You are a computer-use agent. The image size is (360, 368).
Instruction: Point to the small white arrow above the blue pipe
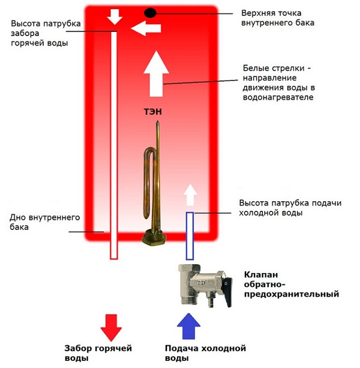pos(190,196)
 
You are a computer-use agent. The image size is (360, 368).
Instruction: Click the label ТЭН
pos(153,111)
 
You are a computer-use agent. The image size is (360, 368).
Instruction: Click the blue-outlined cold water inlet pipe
pos(190,234)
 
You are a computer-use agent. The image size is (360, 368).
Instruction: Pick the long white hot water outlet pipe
pos(113,144)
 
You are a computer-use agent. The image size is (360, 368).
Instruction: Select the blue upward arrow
pos(190,327)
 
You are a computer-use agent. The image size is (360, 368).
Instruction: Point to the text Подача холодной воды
pos(206,353)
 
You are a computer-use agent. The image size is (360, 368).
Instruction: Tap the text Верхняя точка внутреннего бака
pos(278,17)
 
